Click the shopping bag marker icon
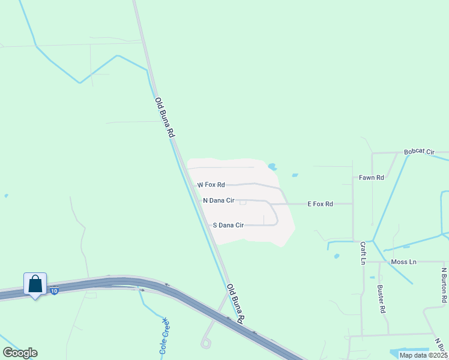tap(35, 284)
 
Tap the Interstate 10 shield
tap(55, 291)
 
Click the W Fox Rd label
tap(211, 185)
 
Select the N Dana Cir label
tap(218, 200)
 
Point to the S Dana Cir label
tap(228, 225)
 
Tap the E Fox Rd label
tap(320, 204)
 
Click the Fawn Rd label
tap(371, 178)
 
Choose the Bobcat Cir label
tap(419, 152)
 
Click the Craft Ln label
tap(363, 253)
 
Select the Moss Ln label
tap(403, 262)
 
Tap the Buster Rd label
tap(381, 299)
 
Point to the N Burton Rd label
tap(444, 284)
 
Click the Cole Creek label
tap(164, 338)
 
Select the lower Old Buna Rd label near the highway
tap(238, 304)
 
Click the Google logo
tap(20, 353)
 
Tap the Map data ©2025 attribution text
tap(423, 355)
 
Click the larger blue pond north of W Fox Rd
tap(273, 167)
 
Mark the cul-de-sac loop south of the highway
tap(206, 343)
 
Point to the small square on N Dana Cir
tap(243, 202)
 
